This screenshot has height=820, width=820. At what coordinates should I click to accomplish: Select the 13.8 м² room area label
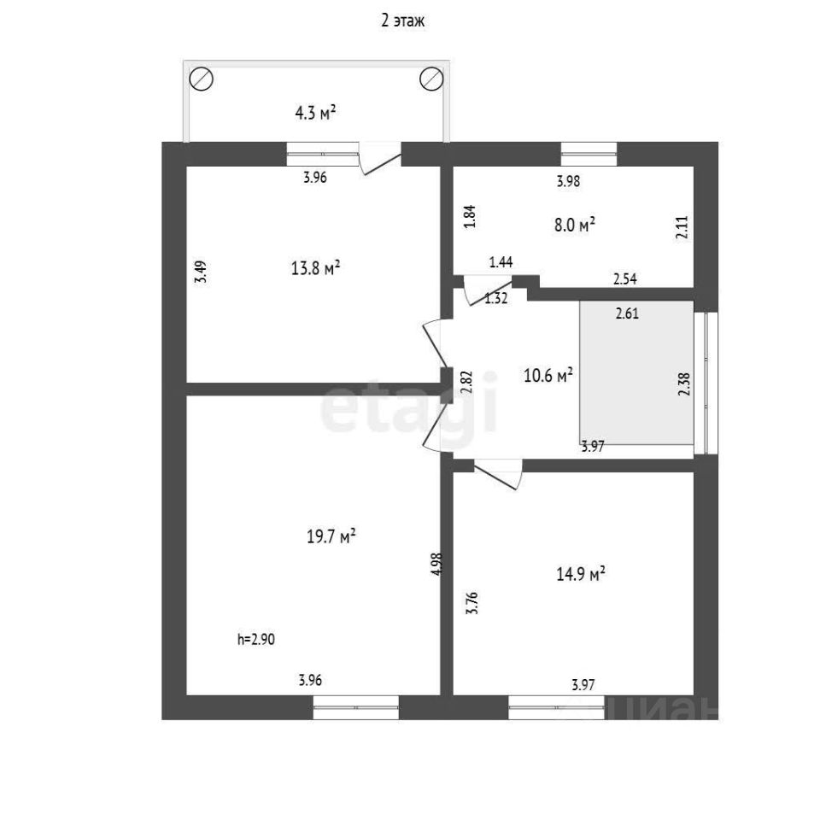pos(316,268)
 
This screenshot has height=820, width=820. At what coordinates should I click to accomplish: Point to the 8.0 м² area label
pos(574,225)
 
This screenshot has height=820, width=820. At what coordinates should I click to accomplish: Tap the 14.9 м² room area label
pos(581,573)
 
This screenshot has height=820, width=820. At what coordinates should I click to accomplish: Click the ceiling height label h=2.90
pos(257,638)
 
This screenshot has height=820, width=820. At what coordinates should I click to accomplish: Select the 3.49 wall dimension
pos(200,271)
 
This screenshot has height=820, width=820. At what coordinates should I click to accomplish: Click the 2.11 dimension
pos(682,228)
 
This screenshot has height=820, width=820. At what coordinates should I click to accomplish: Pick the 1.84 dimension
pos(468,214)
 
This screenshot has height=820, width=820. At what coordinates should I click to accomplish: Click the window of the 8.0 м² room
pos(589,153)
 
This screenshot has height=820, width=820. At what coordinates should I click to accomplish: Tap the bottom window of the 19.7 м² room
pos(355,706)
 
